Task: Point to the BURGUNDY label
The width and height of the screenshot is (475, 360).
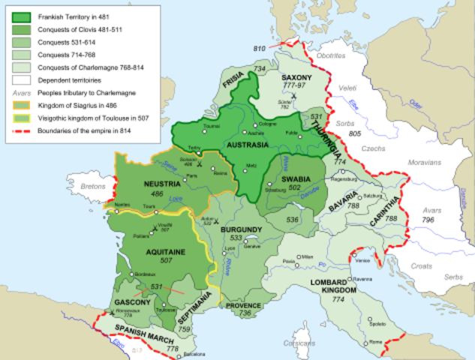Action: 241,226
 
